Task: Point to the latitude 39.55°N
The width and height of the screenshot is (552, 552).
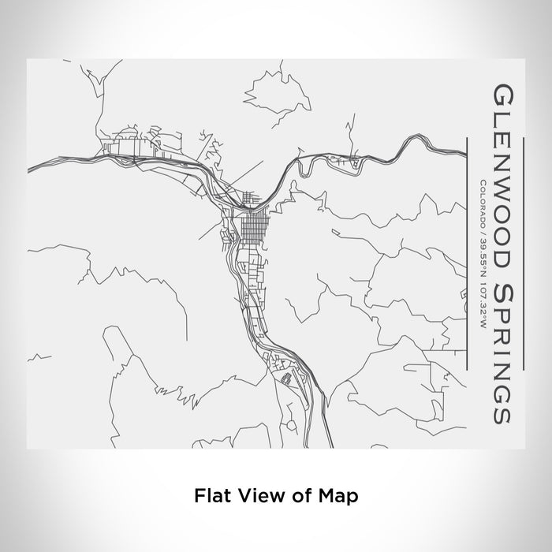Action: pos(480,254)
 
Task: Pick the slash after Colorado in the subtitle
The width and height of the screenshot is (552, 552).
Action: pos(480,231)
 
